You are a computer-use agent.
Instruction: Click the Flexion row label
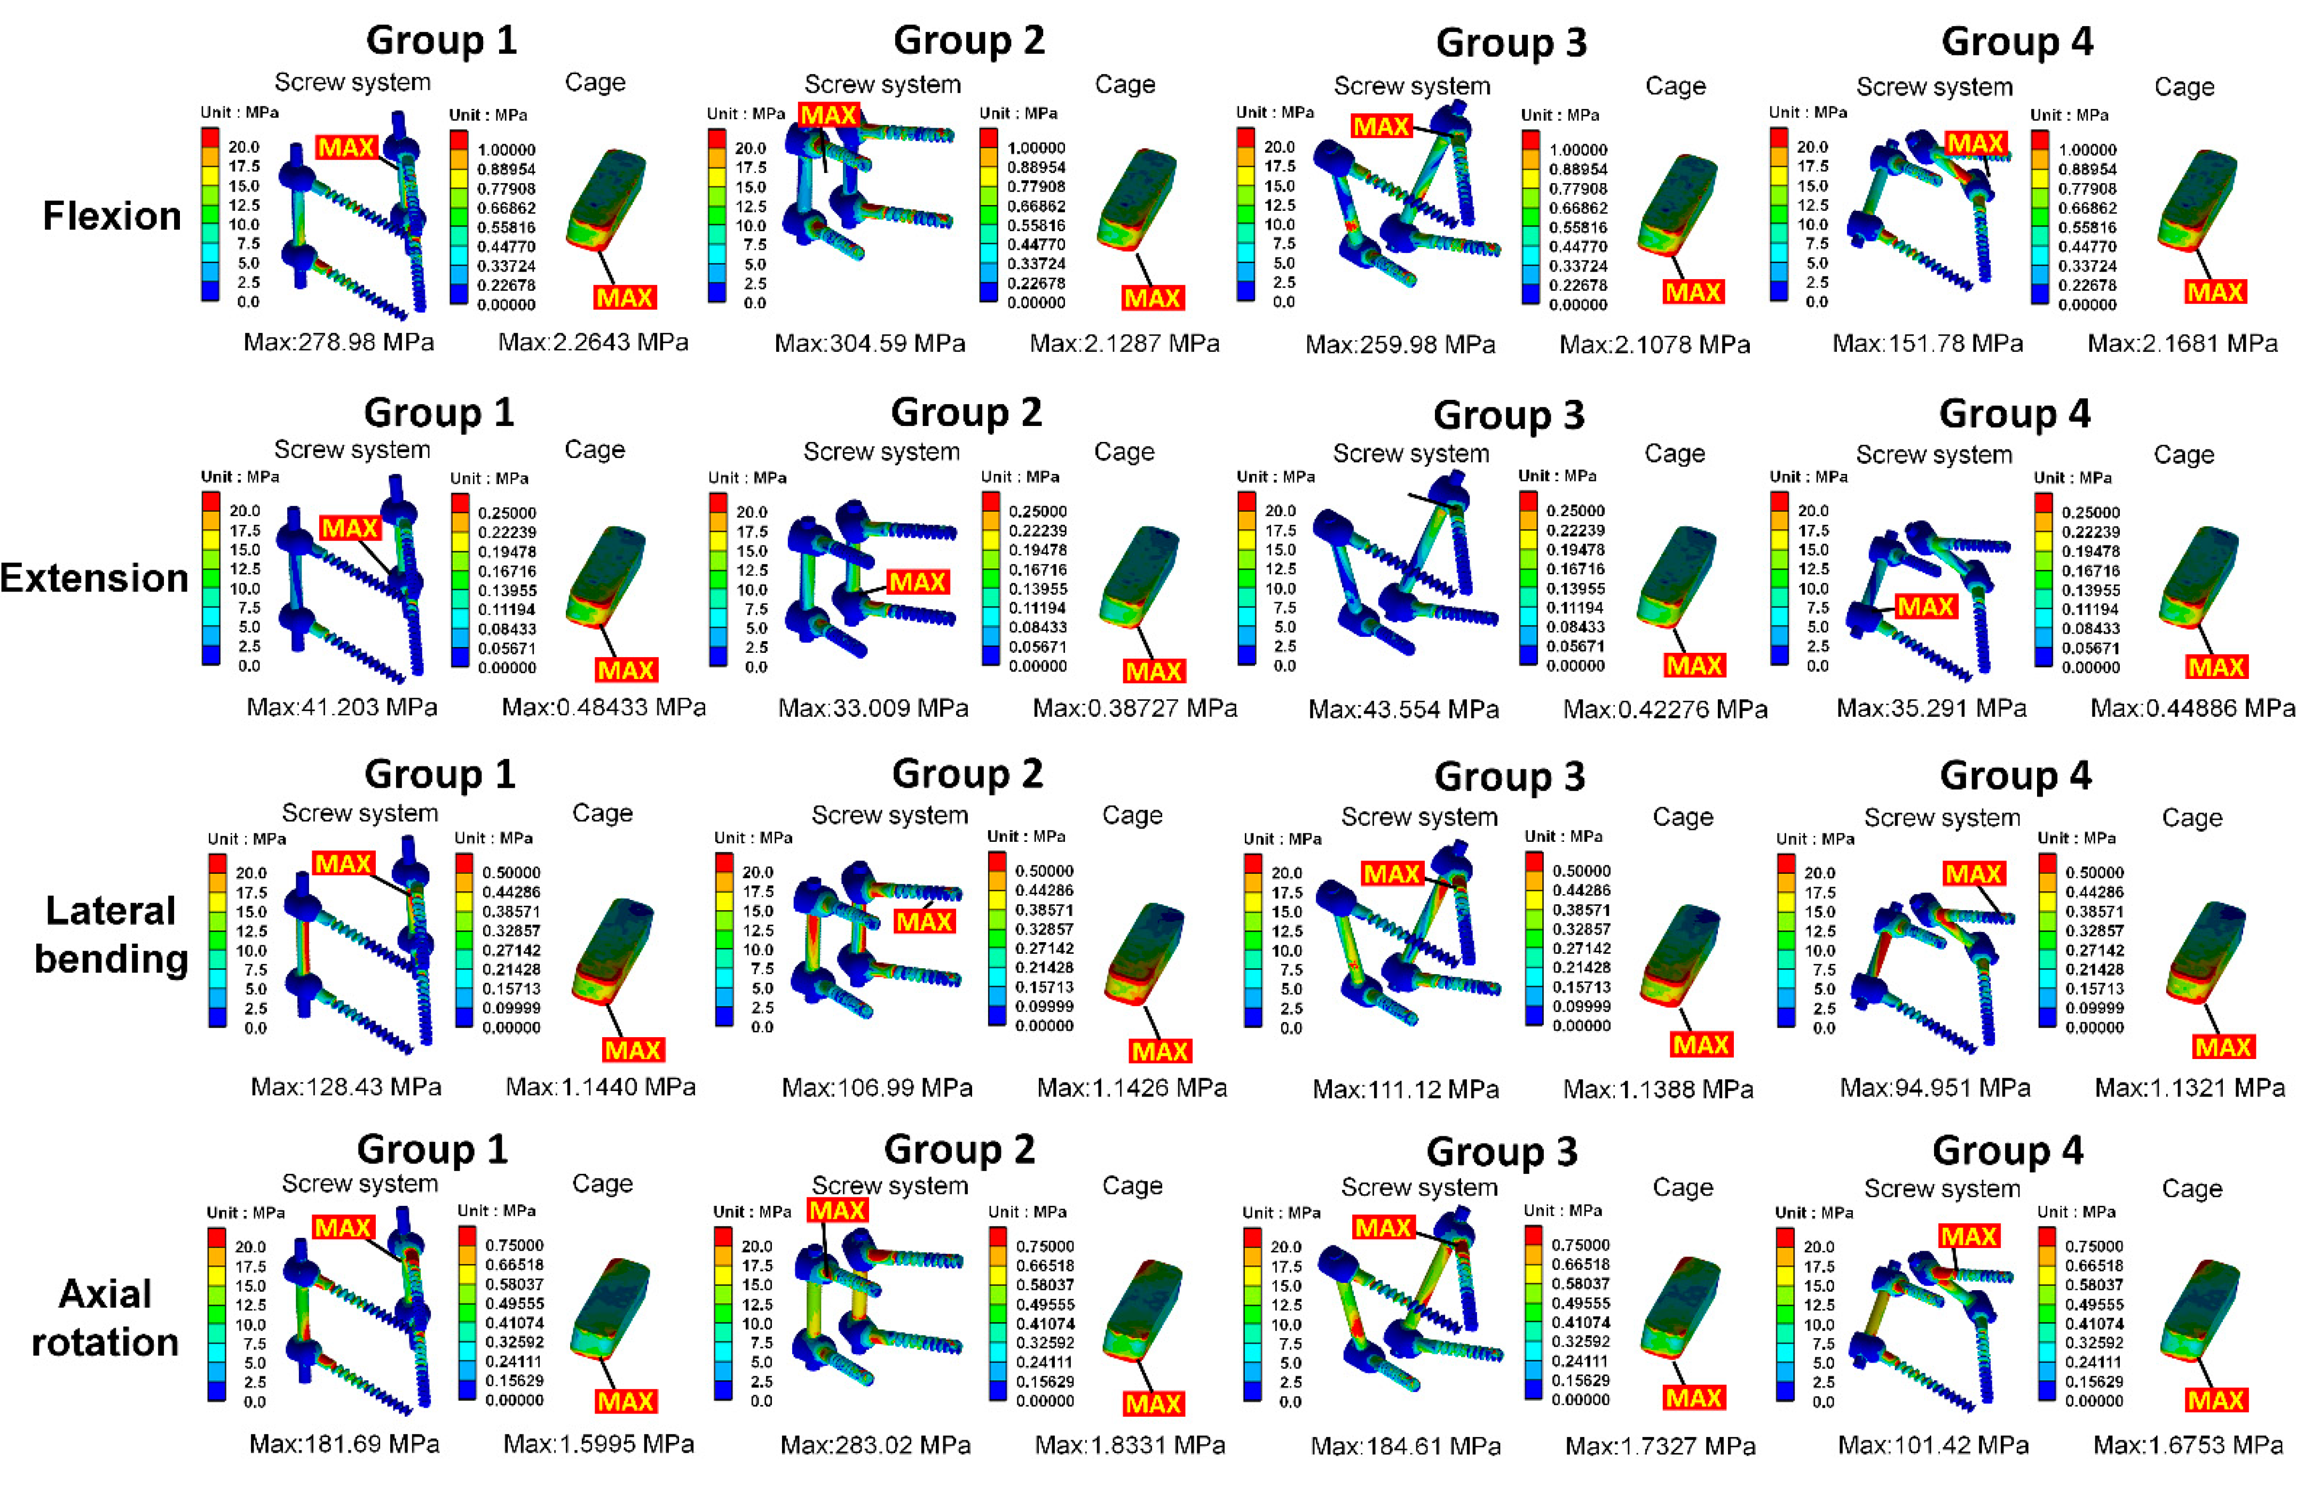coord(112,216)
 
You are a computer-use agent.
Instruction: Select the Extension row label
coord(94,578)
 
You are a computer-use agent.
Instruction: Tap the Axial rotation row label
coord(105,1317)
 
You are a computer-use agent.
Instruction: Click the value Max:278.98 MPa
coord(338,342)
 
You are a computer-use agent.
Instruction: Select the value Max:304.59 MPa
coord(870,343)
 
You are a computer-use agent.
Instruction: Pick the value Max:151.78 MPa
coord(1927,343)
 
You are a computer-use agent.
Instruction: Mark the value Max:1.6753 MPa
coord(2188,1444)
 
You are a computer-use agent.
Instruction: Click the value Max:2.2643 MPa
coord(593,342)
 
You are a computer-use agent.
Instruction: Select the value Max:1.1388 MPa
coord(1658,1089)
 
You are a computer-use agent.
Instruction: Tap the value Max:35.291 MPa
coord(1931,709)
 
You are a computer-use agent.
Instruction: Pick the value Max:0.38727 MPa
coord(1135,709)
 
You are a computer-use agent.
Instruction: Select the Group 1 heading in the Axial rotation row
coord(432,1149)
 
